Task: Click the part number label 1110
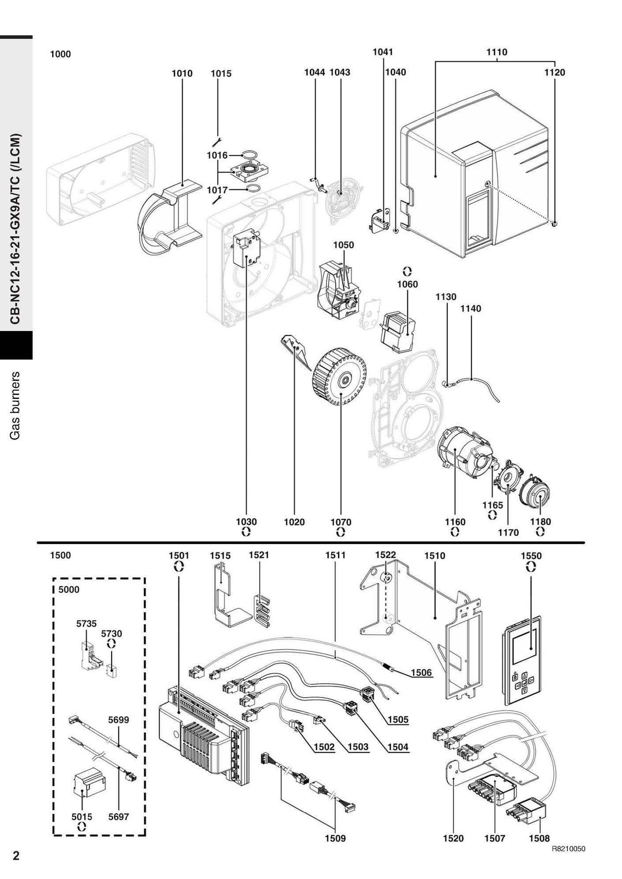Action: [497, 52]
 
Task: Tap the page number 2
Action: [16, 856]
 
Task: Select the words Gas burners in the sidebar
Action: [15, 405]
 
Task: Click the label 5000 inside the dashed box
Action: [69, 590]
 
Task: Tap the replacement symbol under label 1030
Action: [246, 532]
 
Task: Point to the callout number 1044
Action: [315, 72]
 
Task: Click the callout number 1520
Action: [453, 838]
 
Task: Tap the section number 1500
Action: [60, 555]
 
